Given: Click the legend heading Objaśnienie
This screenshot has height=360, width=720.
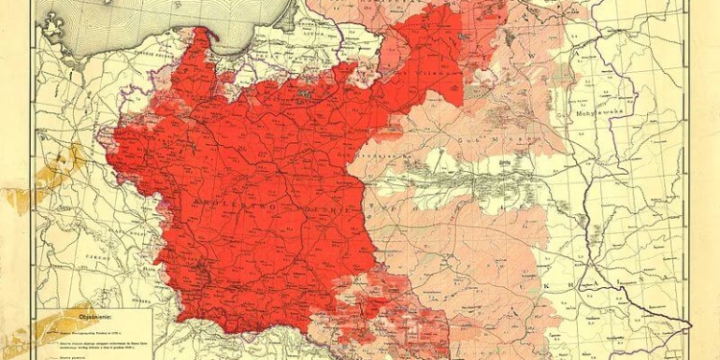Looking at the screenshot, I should [x=85, y=314].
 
